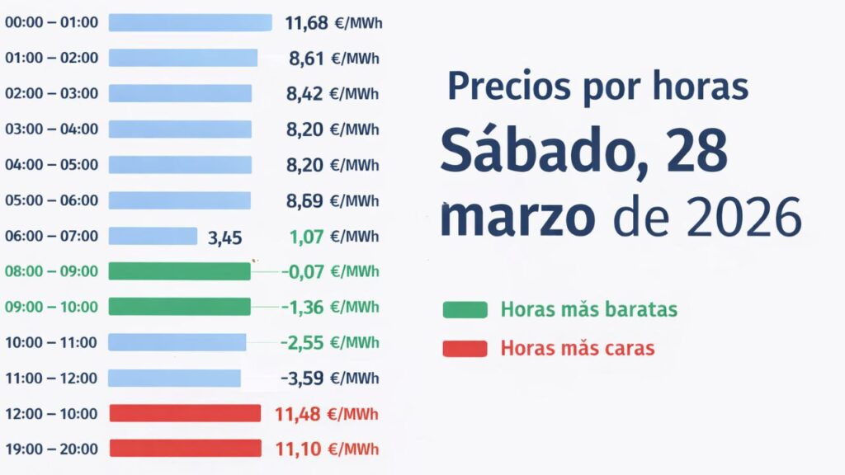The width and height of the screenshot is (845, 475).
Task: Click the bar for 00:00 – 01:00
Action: pos(190,22)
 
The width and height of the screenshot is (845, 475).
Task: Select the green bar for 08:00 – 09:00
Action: pos(179,271)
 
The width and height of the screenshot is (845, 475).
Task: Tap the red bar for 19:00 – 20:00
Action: pos(185,449)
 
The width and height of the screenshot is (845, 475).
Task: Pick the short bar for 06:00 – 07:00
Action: pos(153,236)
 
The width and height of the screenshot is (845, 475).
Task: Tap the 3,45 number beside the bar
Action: pos(224,238)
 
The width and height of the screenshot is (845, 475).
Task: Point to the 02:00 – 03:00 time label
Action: pos(51,93)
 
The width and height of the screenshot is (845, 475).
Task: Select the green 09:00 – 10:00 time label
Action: pos(51,307)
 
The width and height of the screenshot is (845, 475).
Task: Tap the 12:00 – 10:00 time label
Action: pos(51,413)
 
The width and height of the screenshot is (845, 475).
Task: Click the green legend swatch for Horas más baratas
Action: pos(465,310)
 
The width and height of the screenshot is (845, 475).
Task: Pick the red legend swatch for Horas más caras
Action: pos(465,348)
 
